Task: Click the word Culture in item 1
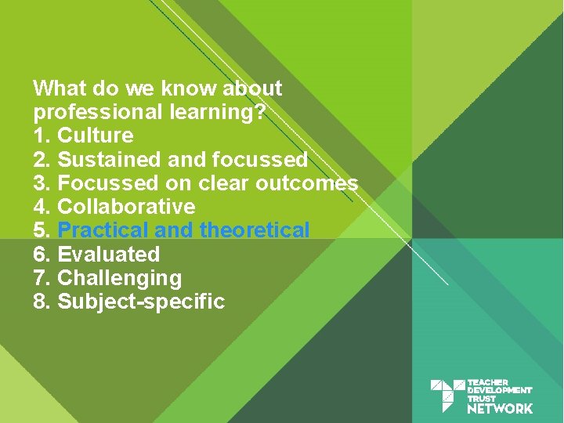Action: click(96, 136)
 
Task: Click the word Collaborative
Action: click(126, 207)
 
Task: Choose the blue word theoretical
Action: click(255, 230)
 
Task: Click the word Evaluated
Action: click(108, 255)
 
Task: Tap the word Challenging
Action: click(119, 278)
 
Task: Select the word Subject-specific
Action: click(141, 302)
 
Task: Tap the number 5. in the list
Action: click(43, 230)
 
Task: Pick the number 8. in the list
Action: click(43, 302)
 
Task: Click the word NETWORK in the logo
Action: click(500, 408)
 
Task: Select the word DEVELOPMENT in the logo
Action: click(499, 390)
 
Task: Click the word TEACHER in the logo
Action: click(487, 382)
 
